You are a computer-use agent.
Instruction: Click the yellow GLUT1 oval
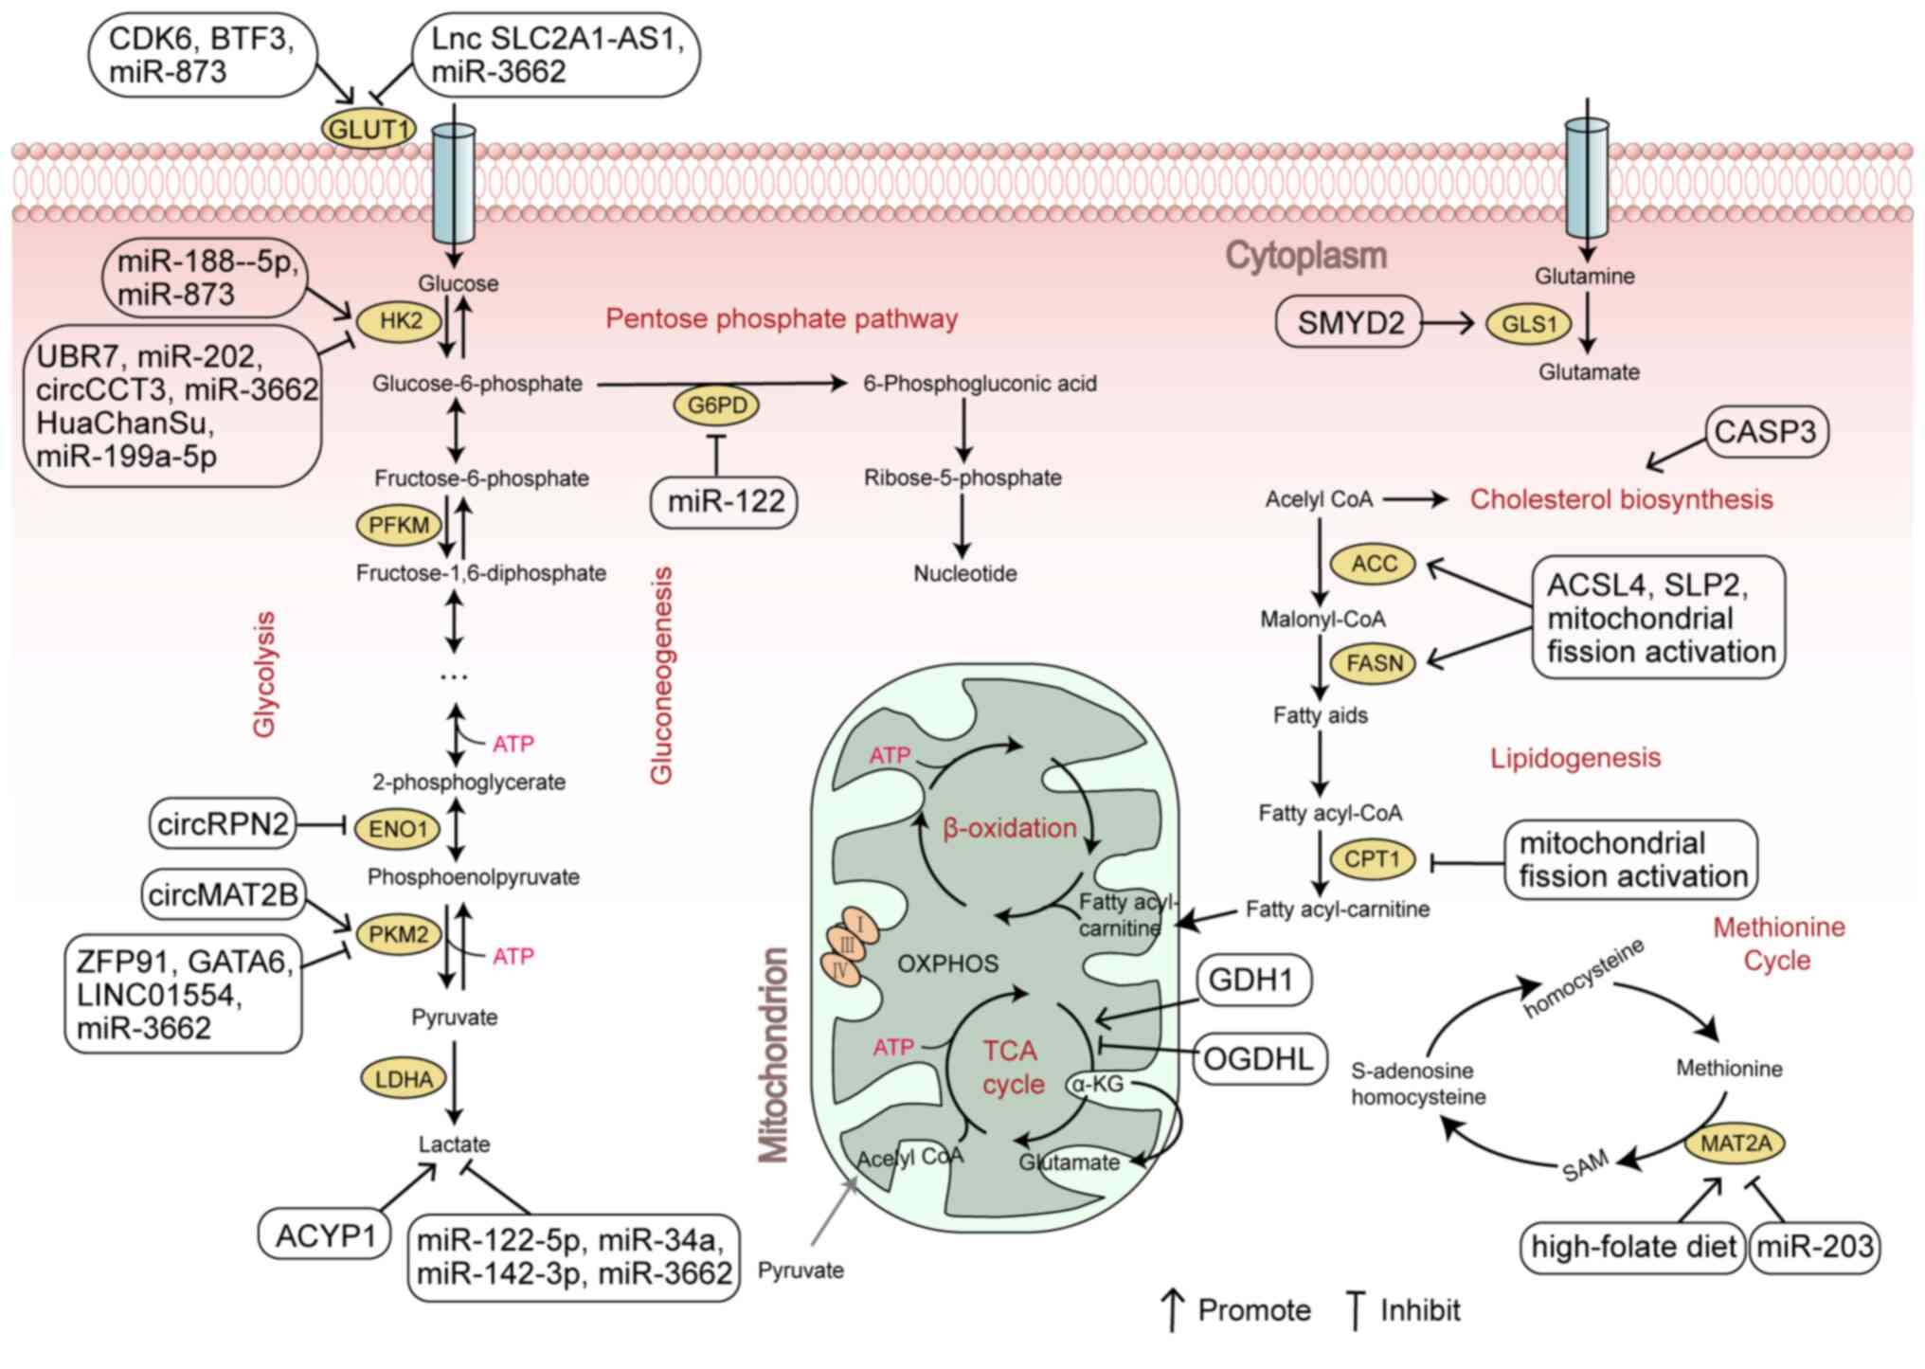click(369, 129)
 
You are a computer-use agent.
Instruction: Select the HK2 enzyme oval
click(401, 321)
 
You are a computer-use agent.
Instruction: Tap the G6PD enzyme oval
click(717, 405)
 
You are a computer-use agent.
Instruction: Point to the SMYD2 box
click(1349, 323)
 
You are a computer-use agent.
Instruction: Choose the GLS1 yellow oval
click(1529, 324)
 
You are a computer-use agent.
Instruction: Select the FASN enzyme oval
click(1374, 663)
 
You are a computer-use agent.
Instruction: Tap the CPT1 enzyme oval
click(1372, 859)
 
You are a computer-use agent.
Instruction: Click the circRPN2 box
click(223, 824)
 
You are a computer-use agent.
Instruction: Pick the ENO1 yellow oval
click(398, 829)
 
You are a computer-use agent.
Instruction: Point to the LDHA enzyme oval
click(404, 1079)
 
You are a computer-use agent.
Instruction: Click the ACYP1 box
click(325, 1235)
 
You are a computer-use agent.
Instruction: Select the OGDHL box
click(1258, 1058)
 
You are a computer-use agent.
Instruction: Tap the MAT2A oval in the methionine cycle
click(1736, 1144)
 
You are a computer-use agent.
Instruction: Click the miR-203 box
click(1814, 1247)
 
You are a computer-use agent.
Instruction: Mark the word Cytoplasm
click(1305, 255)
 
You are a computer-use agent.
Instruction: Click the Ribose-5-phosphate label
click(962, 477)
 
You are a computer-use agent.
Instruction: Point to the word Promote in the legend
click(1254, 1310)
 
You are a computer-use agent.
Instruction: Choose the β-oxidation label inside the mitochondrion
click(1010, 828)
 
